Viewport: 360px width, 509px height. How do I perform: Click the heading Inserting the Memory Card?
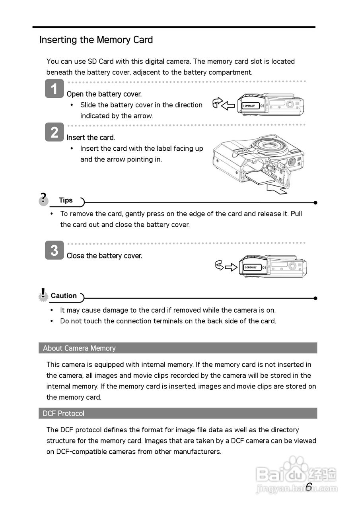[96, 40]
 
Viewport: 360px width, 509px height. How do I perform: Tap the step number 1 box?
[54, 88]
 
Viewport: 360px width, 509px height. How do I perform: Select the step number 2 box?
[54, 132]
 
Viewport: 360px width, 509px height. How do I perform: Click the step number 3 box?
[54, 250]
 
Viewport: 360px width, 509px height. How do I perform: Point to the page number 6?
[309, 487]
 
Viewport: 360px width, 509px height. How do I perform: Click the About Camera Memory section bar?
[178, 348]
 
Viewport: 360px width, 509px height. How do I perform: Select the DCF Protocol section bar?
[178, 413]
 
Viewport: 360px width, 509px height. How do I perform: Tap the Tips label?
[66, 200]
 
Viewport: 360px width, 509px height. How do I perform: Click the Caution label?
[64, 296]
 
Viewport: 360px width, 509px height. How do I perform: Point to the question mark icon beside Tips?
[43, 198]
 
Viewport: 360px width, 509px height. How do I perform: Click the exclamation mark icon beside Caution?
[43, 295]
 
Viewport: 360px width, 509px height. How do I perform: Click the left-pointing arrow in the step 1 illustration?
[228, 105]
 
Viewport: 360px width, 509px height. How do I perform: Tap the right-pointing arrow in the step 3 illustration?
[231, 267]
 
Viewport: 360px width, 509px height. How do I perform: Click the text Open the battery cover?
[104, 94]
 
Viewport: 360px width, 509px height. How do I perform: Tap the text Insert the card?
[91, 138]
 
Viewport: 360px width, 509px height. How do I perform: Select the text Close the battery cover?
[104, 256]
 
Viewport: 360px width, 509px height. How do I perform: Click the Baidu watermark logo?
[296, 474]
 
